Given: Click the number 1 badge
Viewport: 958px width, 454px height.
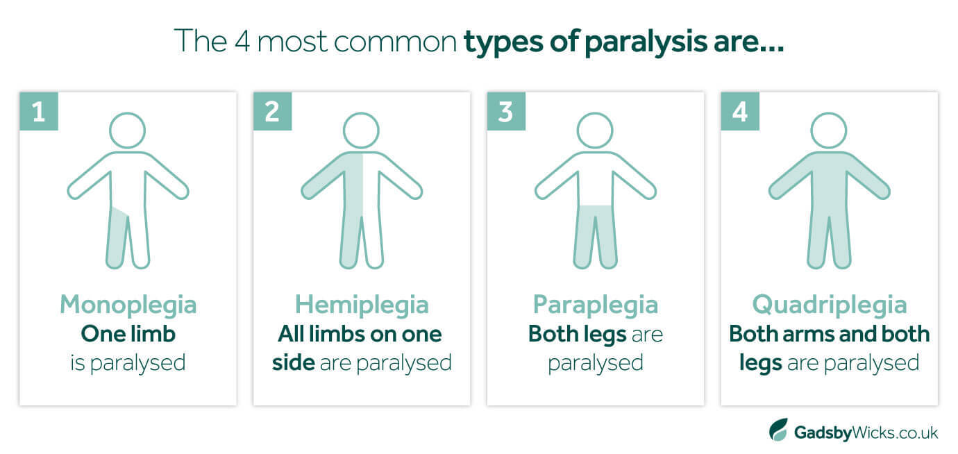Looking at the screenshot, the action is [x=39, y=111].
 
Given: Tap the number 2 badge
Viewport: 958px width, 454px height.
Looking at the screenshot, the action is [x=272, y=111].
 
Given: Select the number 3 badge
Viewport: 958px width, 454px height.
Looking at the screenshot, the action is [x=506, y=111].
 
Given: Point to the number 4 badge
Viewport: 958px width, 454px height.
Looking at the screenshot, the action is [x=740, y=111].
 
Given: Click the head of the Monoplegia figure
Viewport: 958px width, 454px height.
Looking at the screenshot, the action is [x=128, y=131].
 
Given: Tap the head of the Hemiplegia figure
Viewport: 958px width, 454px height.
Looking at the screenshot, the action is [x=362, y=131].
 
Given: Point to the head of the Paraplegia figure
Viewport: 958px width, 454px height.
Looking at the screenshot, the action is [x=595, y=131].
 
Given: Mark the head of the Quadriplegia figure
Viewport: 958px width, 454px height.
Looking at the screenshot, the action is [x=829, y=131].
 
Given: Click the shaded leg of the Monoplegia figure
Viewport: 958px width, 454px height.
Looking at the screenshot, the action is [x=117, y=239].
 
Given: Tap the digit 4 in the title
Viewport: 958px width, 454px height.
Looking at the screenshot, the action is [x=242, y=42].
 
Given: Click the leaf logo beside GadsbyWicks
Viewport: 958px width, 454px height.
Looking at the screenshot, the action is [x=779, y=430].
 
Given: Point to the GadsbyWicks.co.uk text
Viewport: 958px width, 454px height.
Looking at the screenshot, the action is [x=866, y=432].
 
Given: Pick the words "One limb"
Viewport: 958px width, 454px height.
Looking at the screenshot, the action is [x=128, y=334].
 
